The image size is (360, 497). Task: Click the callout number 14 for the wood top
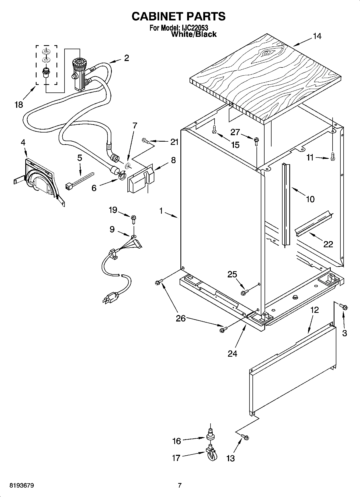point(317,36)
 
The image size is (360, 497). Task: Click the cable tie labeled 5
point(80,180)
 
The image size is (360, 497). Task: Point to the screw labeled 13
point(245,437)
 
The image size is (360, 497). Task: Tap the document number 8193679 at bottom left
point(22,485)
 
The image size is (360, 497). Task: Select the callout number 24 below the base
point(232,353)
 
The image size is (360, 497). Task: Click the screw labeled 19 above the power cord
point(134,219)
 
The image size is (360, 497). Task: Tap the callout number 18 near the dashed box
point(19,104)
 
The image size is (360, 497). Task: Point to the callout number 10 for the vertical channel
point(310,199)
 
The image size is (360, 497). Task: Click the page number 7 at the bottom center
point(180,485)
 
